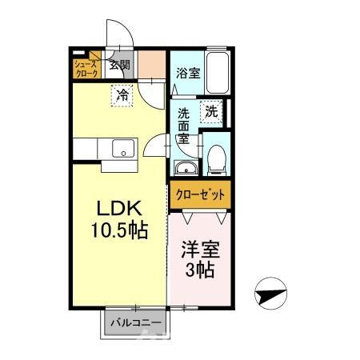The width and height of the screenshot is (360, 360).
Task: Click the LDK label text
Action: point(119,208)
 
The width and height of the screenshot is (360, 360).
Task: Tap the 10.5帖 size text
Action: point(120,230)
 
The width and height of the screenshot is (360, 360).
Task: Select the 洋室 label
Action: point(201,250)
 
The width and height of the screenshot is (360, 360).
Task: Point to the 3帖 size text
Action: point(200,270)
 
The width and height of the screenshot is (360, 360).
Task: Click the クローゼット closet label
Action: point(200,195)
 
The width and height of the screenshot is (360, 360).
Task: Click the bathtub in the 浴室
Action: point(218,73)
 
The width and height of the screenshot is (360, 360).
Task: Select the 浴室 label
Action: point(188,74)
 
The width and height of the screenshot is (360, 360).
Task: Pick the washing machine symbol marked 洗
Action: point(211,112)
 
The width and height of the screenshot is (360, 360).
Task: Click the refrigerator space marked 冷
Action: point(122,95)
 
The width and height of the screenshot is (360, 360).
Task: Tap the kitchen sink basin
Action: point(123,149)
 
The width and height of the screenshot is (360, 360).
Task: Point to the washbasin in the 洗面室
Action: point(186,168)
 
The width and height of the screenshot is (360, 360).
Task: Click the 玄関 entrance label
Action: point(120,65)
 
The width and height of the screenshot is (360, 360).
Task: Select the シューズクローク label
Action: point(86,69)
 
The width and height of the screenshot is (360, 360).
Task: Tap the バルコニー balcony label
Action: point(136,323)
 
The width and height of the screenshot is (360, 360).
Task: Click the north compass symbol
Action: point(270,294)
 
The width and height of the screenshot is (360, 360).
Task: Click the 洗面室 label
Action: point(184,126)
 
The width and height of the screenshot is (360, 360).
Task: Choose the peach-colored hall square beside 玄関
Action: point(151,65)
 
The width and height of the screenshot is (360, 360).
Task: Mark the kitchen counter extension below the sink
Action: point(119,166)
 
